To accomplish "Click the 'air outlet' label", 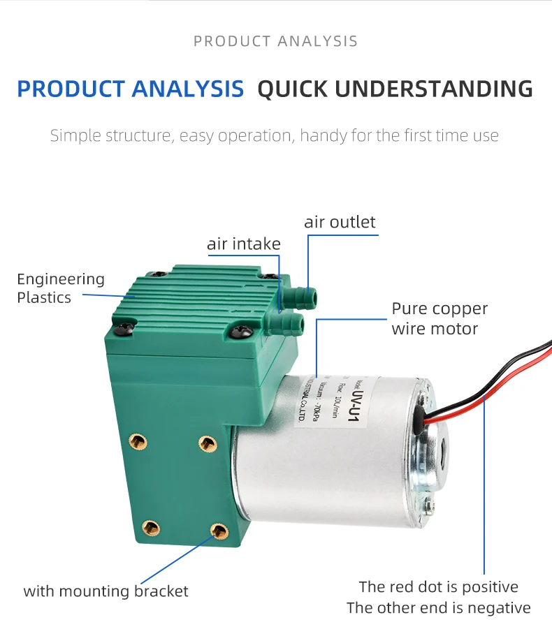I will (340, 222).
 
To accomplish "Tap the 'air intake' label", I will (243, 244).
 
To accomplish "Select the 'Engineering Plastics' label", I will (61, 288).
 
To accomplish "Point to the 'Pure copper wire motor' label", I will (440, 318).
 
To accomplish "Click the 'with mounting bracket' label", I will (106, 591).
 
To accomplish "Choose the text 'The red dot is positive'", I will (438, 586).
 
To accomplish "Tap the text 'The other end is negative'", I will (438, 607).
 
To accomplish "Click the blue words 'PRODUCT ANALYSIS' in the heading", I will (131, 89).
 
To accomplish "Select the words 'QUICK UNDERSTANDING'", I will (395, 89).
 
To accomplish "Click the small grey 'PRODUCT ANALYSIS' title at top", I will (275, 41).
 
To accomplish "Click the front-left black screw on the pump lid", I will (124, 327).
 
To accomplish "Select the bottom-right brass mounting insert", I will (219, 531).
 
